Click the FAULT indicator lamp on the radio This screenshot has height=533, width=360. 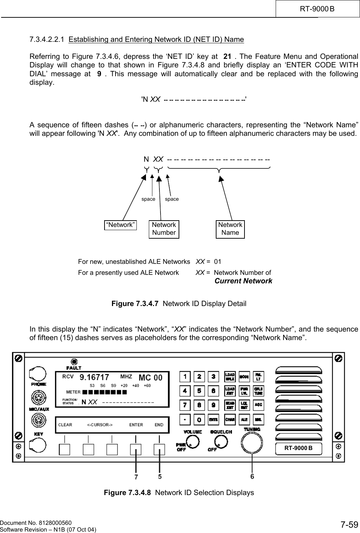[x=74, y=362]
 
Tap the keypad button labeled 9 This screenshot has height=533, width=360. [x=213, y=405]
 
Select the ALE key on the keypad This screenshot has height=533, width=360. [x=244, y=419]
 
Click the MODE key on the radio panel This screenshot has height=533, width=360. [x=244, y=376]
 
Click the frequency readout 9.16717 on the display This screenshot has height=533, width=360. [x=94, y=377]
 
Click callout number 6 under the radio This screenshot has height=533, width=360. [x=252, y=477]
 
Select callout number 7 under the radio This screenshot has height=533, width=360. [x=136, y=477]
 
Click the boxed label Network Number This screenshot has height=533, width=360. [x=164, y=229]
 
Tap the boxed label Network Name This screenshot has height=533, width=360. [x=230, y=229]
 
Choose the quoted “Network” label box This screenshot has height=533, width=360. [x=120, y=224]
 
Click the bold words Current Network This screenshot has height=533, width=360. [x=243, y=281]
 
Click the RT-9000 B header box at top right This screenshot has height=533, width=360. [x=317, y=8]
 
